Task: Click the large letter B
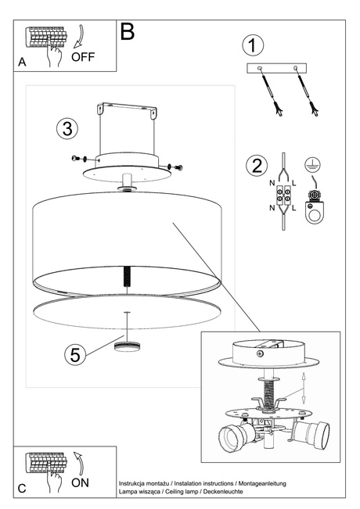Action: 128,32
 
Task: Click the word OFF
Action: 84,56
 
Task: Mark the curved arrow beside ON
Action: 78,461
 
